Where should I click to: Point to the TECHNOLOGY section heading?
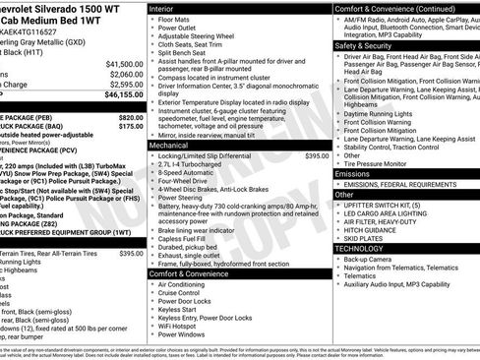pyautogui.click(x=358, y=249)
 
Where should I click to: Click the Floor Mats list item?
pyautogui.click(x=176, y=19)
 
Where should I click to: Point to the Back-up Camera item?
pyautogui.click(x=374, y=260)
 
